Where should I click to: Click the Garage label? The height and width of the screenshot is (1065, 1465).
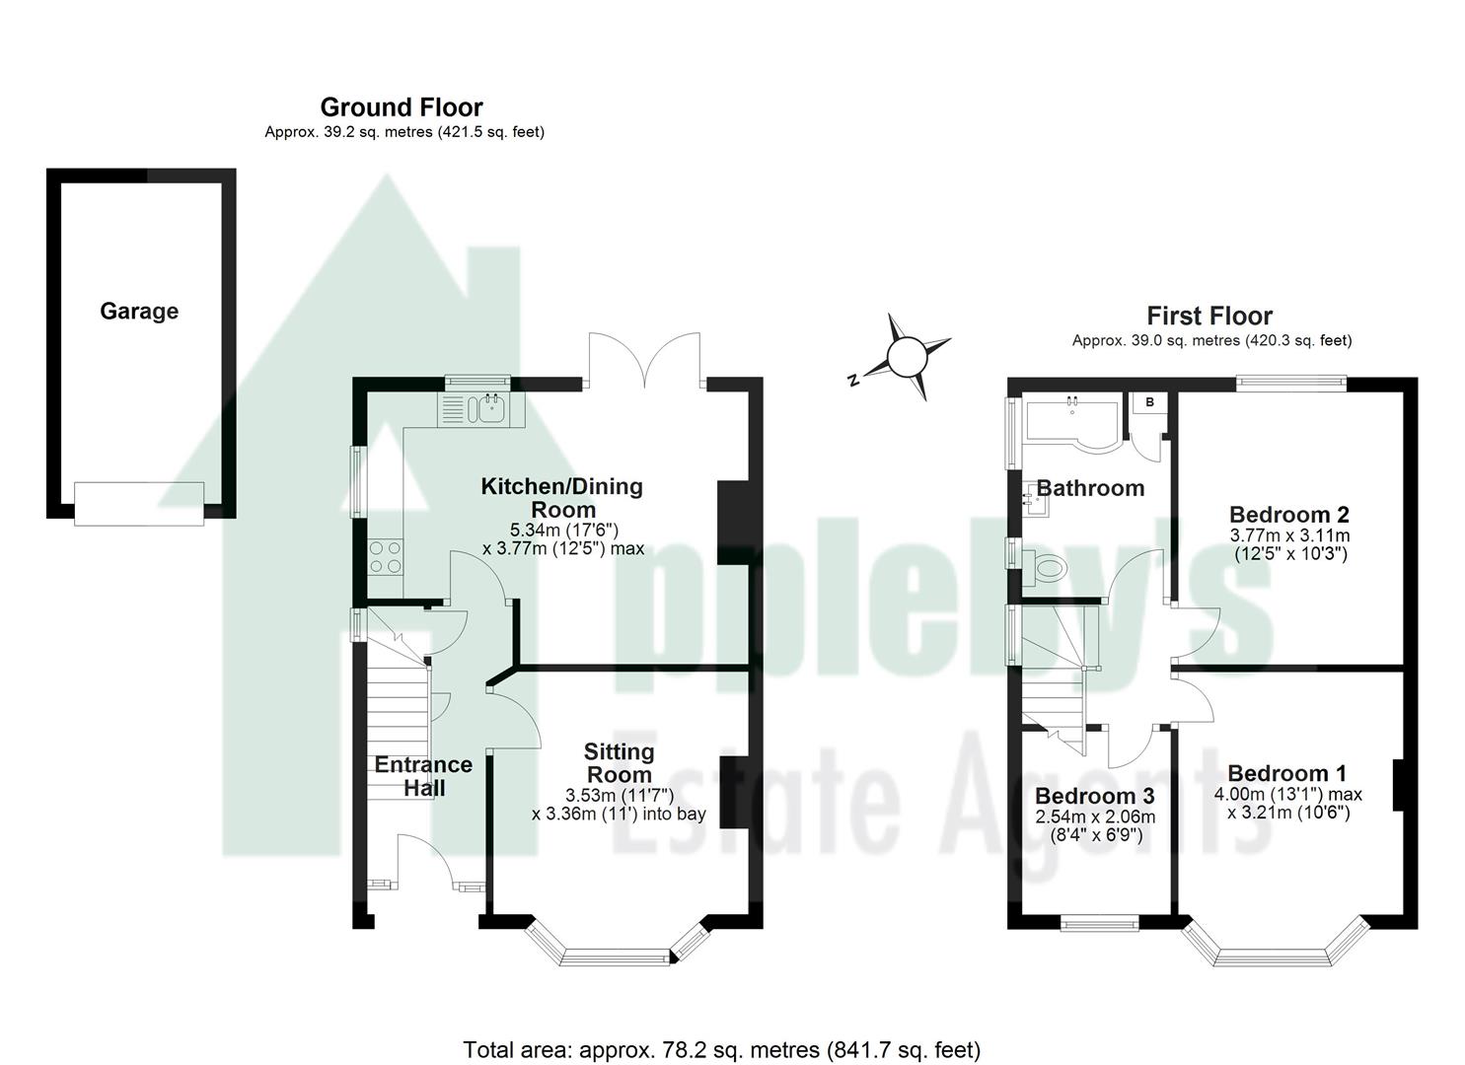click(x=139, y=312)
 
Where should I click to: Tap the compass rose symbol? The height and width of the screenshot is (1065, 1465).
click(x=906, y=357)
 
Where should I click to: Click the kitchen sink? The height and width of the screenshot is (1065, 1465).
click(x=487, y=407)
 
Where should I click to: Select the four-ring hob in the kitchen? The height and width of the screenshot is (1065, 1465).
click(x=385, y=557)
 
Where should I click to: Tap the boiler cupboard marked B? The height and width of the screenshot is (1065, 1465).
click(x=1149, y=402)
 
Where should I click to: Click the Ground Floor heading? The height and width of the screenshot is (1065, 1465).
click(x=402, y=106)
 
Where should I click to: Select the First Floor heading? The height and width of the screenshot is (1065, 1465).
click(x=1209, y=316)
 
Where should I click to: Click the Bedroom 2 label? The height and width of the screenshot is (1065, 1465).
click(x=1289, y=514)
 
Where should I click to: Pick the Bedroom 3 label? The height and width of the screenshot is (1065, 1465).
click(x=1095, y=796)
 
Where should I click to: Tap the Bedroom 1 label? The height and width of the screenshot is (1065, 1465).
click(x=1286, y=773)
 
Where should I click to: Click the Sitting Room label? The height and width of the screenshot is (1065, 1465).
click(x=619, y=763)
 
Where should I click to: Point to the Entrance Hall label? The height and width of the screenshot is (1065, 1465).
click(x=423, y=776)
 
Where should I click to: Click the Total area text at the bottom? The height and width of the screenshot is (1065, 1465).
click(x=722, y=1049)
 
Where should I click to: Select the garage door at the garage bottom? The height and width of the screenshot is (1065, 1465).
click(x=139, y=503)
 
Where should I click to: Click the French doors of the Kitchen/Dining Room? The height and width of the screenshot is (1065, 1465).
click(x=644, y=360)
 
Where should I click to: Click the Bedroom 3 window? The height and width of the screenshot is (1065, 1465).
click(x=1099, y=923)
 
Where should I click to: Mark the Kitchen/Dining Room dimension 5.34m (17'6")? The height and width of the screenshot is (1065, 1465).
click(x=563, y=529)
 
